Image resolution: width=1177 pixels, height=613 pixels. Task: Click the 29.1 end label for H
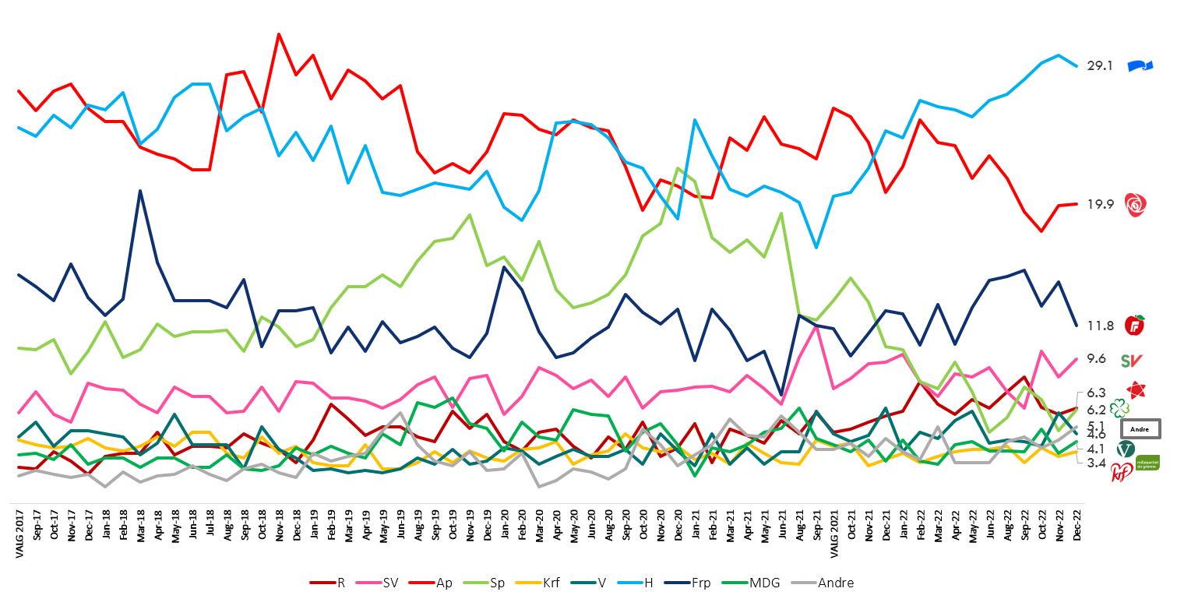pos(1100,66)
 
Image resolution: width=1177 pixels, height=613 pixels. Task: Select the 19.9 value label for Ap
pos(1100,204)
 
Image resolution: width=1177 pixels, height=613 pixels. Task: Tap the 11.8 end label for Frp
pos(1100,326)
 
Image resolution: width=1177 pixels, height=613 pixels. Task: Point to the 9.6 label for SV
pos(1097,358)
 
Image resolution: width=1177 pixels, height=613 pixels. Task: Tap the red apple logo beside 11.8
pos(1135,325)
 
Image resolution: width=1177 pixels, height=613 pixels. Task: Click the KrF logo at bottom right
pos(1121,473)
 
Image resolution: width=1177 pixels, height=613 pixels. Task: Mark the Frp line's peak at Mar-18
pos(140,190)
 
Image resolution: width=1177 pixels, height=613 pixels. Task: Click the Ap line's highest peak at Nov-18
pos(279,34)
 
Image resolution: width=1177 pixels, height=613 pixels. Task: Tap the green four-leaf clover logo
pos(1119,407)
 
